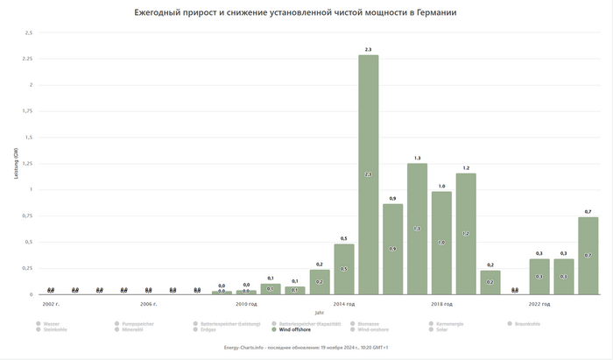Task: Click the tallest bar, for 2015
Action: tap(368, 175)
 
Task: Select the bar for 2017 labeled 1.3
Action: tap(417, 229)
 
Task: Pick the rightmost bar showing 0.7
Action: tap(588, 255)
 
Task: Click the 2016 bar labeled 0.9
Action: tap(392, 249)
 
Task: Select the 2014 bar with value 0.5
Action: tap(344, 269)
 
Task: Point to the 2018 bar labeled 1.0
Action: tap(441, 243)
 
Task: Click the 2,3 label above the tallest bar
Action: tap(368, 49)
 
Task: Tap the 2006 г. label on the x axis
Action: tap(149, 303)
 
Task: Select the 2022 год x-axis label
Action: tap(539, 303)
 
